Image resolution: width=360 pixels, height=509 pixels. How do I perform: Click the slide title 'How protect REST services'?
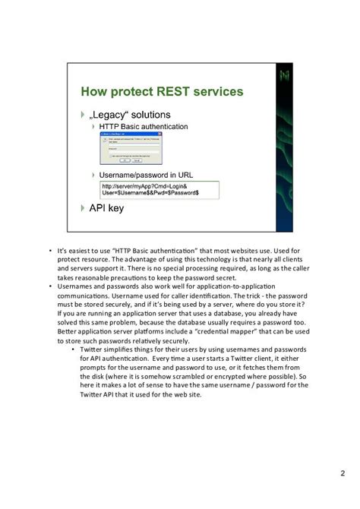click(162, 92)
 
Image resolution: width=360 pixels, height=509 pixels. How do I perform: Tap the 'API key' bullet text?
click(106, 207)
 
